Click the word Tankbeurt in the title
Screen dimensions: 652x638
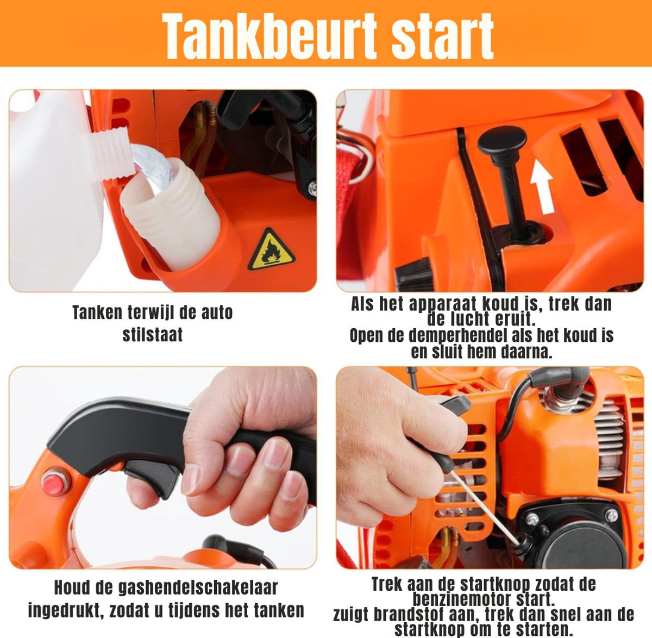point(269,36)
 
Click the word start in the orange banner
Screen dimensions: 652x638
point(442,37)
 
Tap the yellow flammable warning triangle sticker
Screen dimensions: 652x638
point(271,249)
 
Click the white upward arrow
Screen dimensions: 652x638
point(542,186)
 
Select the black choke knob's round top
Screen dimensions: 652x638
point(501,140)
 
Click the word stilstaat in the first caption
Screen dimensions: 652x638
point(153,335)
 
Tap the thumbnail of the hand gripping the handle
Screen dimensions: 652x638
point(163,468)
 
